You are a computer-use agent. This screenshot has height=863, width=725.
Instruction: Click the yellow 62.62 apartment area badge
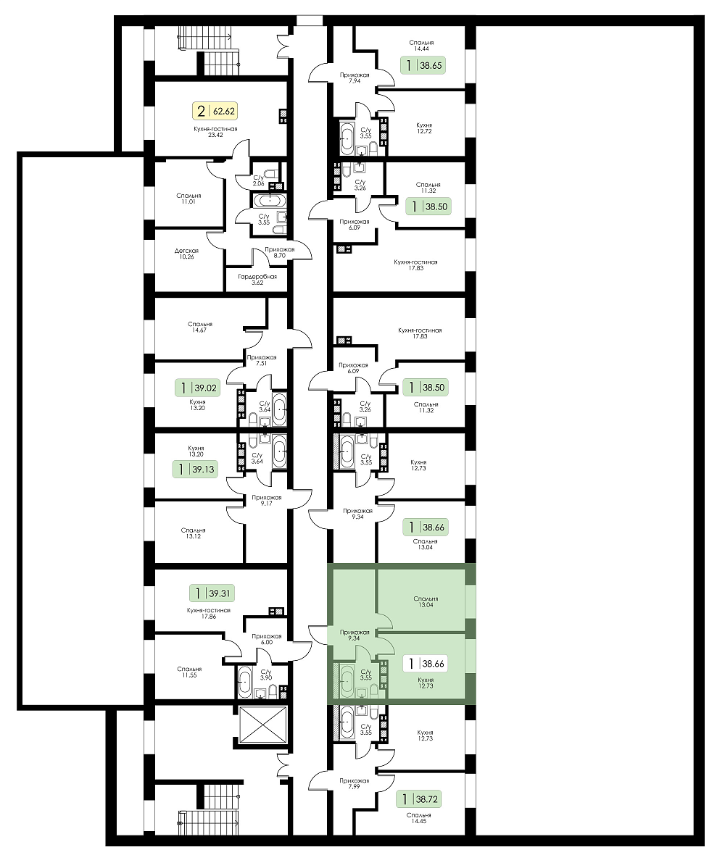215,111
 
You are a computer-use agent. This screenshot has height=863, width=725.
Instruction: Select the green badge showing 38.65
422,65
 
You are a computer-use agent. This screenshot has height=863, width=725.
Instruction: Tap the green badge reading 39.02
197,388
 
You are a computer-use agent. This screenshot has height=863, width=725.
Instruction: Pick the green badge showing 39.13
194,470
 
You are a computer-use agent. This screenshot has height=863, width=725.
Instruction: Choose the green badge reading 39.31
211,593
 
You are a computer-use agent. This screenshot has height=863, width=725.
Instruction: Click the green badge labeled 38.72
419,799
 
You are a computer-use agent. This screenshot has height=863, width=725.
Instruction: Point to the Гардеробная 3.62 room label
257,280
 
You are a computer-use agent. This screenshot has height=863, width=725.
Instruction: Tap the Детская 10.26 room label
186,254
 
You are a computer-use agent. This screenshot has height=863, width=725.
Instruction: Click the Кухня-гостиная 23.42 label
215,132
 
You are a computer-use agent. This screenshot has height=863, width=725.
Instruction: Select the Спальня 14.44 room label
422,46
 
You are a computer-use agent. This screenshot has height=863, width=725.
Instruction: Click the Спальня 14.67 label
199,328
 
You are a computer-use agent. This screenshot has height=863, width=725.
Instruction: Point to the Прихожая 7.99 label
354,784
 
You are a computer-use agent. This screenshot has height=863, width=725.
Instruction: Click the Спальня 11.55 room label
189,672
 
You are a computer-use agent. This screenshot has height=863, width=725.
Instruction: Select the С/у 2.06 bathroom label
259,180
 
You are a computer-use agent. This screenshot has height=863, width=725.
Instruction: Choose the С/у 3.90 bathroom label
266,675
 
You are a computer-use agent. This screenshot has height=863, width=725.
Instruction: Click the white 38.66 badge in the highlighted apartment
424,664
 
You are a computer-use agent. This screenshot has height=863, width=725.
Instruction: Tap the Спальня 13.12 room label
194,533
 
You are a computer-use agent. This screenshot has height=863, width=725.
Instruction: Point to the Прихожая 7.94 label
355,78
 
